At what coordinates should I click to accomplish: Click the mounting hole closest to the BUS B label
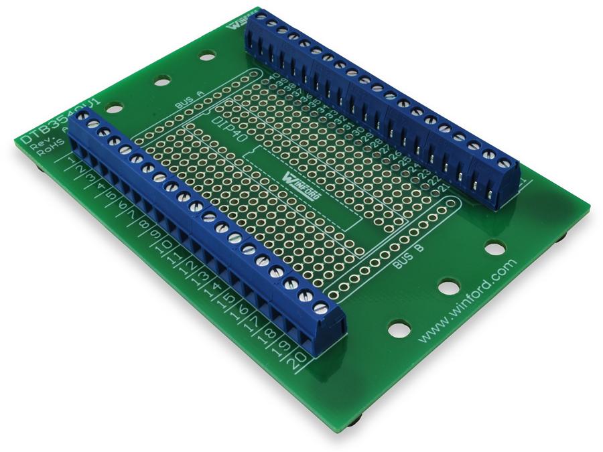tap(449, 288)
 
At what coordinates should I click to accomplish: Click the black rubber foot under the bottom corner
tap(354, 421)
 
